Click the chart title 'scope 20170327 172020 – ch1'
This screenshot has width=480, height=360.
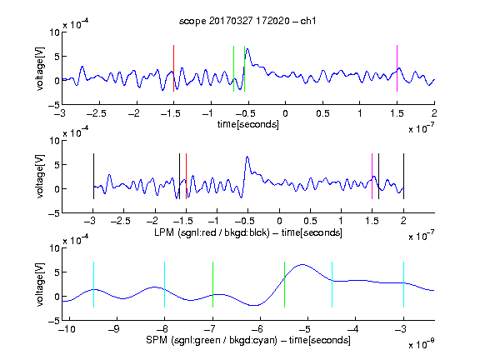pyautogui.click(x=247, y=21)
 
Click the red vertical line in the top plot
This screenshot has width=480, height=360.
pyautogui.click(x=173, y=68)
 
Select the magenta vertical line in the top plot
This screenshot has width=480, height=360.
pyautogui.click(x=397, y=68)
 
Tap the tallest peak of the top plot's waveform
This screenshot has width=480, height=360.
pyautogui.click(x=247, y=49)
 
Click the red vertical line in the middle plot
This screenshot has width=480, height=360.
pyautogui.click(x=186, y=177)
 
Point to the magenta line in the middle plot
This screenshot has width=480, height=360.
pyautogui.click(x=372, y=177)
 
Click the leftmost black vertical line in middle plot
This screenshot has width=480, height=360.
pyautogui.click(x=93, y=177)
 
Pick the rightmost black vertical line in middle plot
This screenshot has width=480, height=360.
pyautogui.click(x=403, y=177)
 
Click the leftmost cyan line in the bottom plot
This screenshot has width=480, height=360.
pyautogui.click(x=93, y=284)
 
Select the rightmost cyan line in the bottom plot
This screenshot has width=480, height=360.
pyautogui.click(x=403, y=284)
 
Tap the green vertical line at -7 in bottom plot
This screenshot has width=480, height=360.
pyautogui.click(x=212, y=284)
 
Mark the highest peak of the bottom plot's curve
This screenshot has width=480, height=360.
pyautogui.click(x=302, y=264)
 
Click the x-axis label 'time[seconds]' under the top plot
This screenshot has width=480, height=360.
pyautogui.click(x=248, y=125)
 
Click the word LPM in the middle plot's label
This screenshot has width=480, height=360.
pyautogui.click(x=164, y=232)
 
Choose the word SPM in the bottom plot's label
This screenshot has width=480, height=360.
pyautogui.click(x=157, y=340)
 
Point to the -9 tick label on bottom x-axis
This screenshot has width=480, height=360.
pyautogui.click(x=114, y=329)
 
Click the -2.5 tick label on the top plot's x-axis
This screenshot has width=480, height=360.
pyautogui.click(x=97, y=113)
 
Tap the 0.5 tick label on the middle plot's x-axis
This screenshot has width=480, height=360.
pyautogui.click(x=310, y=221)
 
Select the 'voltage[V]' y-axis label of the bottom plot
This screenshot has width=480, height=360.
pyautogui.click(x=40, y=284)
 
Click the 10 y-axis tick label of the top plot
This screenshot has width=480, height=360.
pyautogui.click(x=54, y=32)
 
